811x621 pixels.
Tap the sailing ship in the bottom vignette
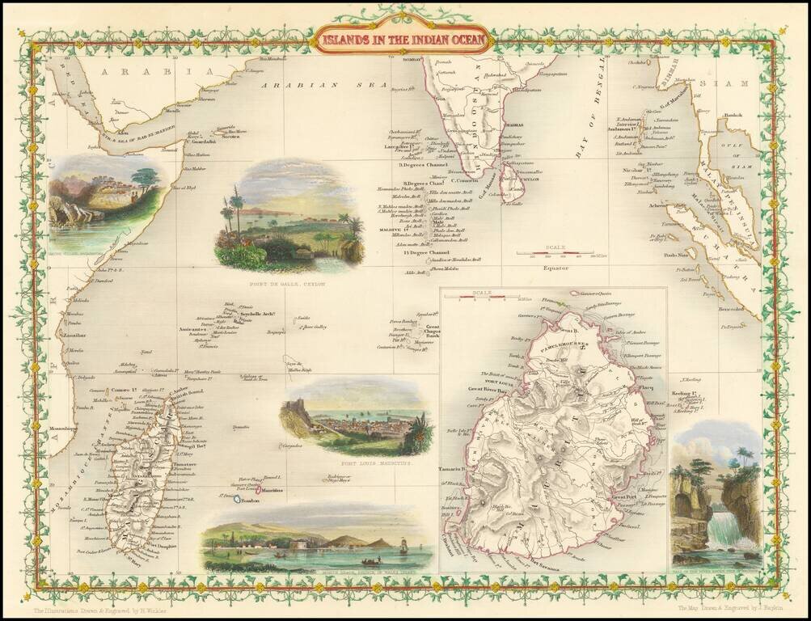[x=402, y=547]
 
